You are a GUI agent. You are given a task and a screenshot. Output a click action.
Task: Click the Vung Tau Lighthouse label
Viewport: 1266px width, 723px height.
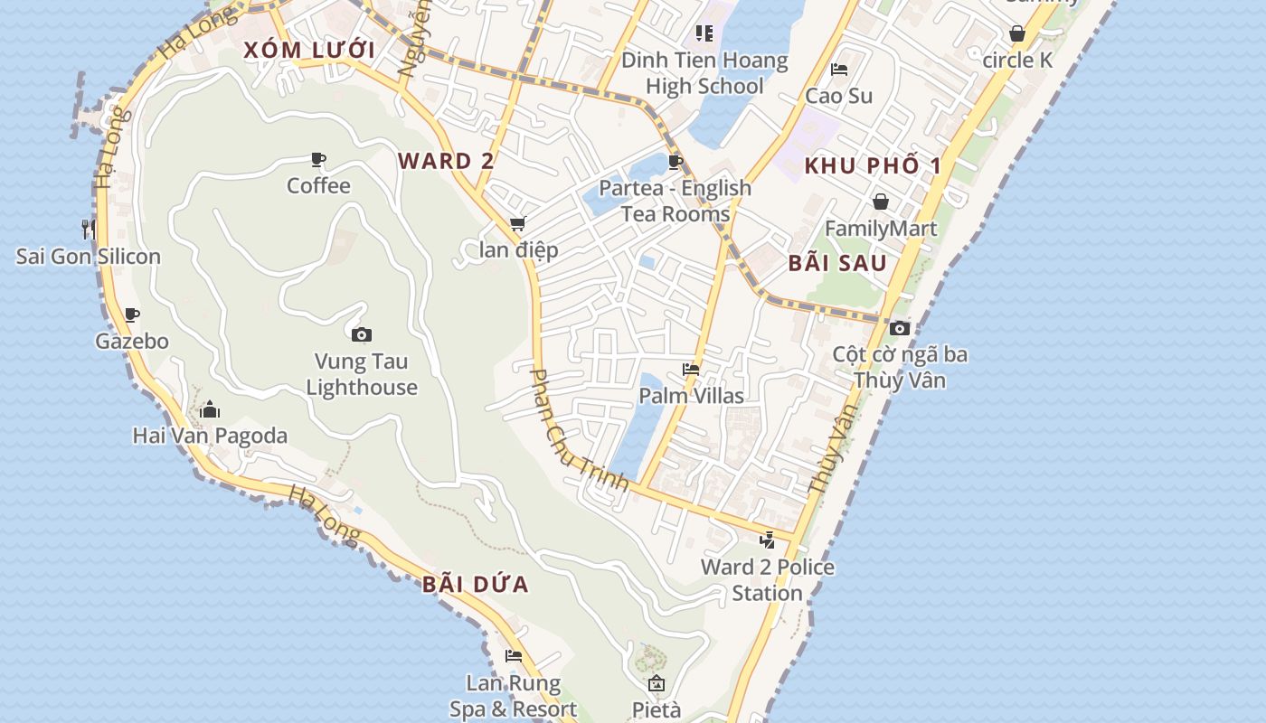pyautogui.click(x=362, y=374)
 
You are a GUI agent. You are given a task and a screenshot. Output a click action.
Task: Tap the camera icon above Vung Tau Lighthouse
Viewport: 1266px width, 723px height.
pyautogui.click(x=362, y=335)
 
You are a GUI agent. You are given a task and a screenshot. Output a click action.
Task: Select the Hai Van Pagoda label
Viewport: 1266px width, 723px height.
pyautogui.click(x=210, y=436)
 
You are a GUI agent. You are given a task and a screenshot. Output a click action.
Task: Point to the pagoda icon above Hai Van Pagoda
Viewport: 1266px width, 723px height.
pyautogui.click(x=210, y=410)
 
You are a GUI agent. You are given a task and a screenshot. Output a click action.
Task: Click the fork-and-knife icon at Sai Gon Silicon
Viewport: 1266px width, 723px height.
pyautogui.click(x=89, y=229)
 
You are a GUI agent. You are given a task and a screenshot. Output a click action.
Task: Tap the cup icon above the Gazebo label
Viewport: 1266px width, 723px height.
pyautogui.click(x=132, y=315)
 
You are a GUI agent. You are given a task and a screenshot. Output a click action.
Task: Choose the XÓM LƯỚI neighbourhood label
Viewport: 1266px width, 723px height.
pyautogui.click(x=308, y=51)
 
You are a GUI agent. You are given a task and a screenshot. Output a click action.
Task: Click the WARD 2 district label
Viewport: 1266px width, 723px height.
pyautogui.click(x=446, y=162)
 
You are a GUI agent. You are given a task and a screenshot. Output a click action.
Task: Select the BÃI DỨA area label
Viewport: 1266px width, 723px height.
pyautogui.click(x=476, y=585)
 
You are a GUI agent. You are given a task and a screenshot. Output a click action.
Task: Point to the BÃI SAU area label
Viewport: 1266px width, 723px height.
pyautogui.click(x=837, y=264)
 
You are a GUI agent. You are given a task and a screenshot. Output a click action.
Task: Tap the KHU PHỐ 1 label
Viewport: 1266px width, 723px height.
pyautogui.click(x=873, y=166)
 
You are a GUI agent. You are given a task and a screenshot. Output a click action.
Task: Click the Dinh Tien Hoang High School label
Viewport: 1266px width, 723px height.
pyautogui.click(x=704, y=74)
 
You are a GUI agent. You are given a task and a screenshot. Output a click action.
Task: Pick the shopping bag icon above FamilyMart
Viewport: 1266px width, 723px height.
pyautogui.click(x=881, y=202)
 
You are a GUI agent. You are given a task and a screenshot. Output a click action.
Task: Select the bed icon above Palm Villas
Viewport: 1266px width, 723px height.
pyautogui.click(x=691, y=370)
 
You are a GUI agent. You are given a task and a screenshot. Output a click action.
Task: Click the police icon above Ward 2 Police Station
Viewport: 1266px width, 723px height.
pyautogui.click(x=768, y=540)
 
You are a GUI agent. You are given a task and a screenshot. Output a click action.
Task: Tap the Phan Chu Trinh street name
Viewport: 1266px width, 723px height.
pyautogui.click(x=578, y=430)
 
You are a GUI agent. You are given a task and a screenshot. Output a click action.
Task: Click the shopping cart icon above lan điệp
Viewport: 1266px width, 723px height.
pyautogui.click(x=518, y=223)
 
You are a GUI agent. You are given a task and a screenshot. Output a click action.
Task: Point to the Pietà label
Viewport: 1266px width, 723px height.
pyautogui.click(x=656, y=710)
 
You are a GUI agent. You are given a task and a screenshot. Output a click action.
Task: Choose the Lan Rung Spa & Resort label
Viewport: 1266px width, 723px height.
pyautogui.click(x=514, y=696)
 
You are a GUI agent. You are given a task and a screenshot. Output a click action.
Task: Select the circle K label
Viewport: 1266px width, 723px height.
pyautogui.click(x=1017, y=61)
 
